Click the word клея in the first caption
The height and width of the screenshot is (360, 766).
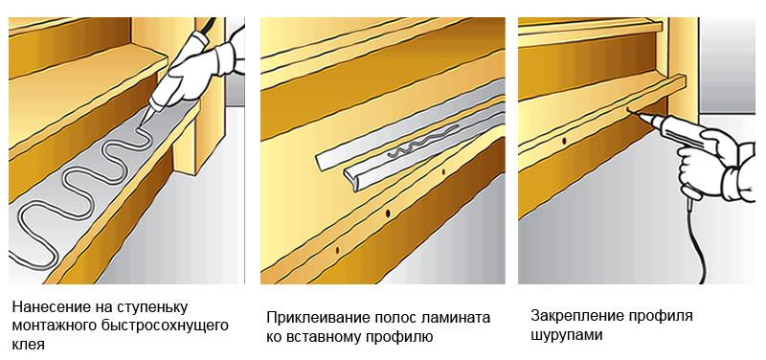point(29,344)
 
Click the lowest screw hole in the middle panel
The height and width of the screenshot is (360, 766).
point(337,250)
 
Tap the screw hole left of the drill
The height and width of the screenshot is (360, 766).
point(564,141)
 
